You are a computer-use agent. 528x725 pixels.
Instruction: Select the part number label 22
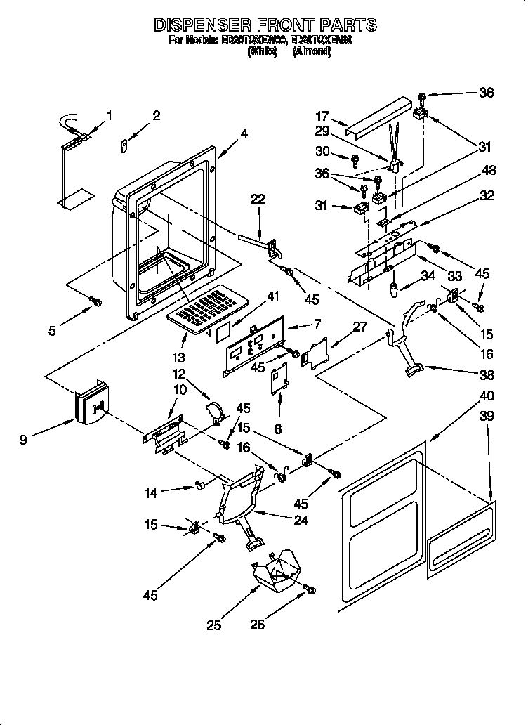point(257,199)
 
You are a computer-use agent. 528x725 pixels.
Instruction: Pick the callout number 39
point(486,416)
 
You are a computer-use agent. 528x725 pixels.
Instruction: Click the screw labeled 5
point(97,301)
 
